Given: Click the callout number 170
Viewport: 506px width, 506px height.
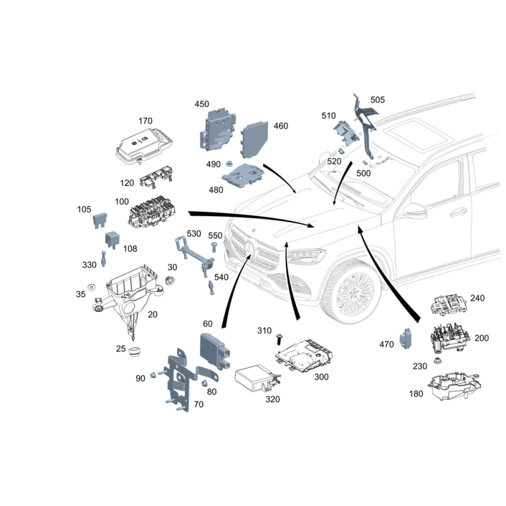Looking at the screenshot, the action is [145, 121].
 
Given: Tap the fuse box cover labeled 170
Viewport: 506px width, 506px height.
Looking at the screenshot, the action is [144, 145].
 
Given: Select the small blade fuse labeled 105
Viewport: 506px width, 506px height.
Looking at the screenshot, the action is [100, 220].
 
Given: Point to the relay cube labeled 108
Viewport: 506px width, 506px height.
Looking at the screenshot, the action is [113, 240].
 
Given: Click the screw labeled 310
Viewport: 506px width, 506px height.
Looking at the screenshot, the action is [279, 339].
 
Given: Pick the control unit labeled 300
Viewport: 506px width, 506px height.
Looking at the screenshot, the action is [304, 354].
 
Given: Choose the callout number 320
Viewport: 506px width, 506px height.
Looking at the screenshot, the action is [273, 399].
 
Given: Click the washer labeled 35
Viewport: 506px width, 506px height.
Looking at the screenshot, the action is [92, 287].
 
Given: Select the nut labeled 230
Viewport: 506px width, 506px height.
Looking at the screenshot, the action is [438, 360].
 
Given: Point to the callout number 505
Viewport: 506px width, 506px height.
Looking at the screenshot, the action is [378, 100].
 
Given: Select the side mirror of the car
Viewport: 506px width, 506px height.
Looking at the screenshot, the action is [416, 211].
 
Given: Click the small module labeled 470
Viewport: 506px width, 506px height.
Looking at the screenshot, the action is [405, 338].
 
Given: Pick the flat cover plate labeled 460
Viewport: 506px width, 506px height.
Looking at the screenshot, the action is [255, 140].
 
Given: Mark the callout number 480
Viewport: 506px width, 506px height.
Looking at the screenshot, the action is [216, 190].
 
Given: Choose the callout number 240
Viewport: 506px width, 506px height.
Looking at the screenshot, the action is [478, 298].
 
